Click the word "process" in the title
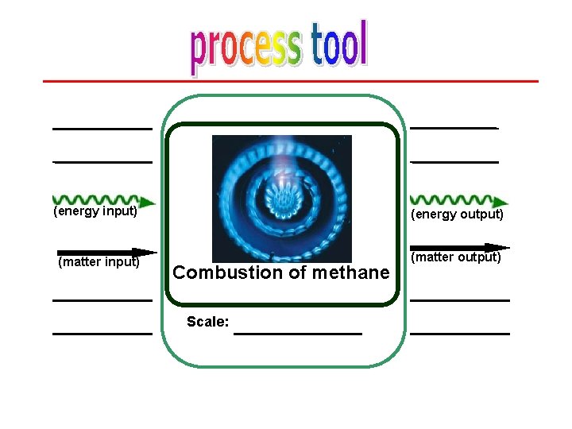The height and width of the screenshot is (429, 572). [x=245, y=48]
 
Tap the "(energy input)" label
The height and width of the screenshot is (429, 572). [x=95, y=212]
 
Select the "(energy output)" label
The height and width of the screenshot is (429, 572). [x=457, y=214]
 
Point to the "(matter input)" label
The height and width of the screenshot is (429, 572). [x=99, y=261]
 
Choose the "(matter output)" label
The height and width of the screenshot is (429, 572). [x=456, y=257]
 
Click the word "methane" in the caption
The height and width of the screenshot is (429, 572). [x=351, y=272]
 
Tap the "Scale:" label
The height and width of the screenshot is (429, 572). [x=207, y=322]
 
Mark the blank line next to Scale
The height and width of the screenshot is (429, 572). [x=298, y=333]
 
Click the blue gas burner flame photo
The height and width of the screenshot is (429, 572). [x=281, y=198]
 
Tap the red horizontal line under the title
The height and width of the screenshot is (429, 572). [x=290, y=81]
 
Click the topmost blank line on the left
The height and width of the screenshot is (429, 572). [x=102, y=128]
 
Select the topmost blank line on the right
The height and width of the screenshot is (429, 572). [x=454, y=127]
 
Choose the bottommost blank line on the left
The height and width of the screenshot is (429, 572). [x=102, y=334]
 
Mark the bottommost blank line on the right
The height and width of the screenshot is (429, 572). [x=459, y=334]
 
